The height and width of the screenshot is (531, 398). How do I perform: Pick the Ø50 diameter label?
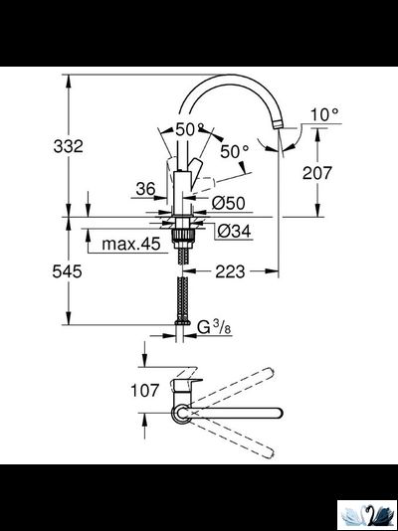(231, 203)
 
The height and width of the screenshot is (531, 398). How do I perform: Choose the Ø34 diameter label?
(231, 231)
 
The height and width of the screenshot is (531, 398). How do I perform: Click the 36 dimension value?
(145, 188)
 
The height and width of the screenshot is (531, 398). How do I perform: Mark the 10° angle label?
(324, 115)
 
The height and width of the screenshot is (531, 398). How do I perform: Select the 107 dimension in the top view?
(145, 390)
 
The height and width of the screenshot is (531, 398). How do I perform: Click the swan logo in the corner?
(367, 514)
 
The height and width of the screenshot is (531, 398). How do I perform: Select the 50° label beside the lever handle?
(234, 152)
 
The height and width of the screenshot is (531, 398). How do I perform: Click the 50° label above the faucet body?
(190, 130)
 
